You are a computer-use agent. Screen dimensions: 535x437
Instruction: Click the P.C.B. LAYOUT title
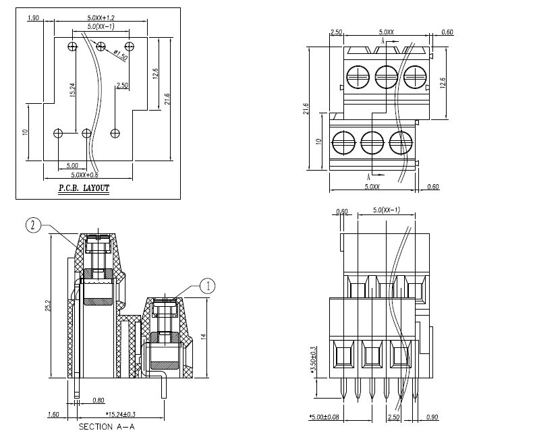(84, 188)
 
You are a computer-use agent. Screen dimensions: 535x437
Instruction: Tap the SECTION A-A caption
(107, 427)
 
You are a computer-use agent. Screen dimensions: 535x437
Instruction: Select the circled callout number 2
(33, 225)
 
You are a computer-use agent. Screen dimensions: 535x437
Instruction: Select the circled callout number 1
(207, 286)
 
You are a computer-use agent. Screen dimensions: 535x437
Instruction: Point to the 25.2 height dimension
(48, 305)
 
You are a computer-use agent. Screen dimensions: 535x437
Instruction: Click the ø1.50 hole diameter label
(121, 55)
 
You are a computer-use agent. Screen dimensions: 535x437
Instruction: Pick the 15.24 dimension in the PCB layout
(72, 90)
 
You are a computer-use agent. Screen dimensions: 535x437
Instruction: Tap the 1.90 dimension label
(34, 18)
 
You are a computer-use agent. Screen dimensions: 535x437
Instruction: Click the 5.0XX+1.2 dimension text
(101, 18)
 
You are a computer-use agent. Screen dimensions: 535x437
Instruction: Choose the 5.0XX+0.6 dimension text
(84, 175)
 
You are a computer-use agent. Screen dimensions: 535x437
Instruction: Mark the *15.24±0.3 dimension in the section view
(121, 415)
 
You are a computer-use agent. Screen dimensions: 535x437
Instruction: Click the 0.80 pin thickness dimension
(98, 400)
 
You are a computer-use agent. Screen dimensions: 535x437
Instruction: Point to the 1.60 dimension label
(53, 415)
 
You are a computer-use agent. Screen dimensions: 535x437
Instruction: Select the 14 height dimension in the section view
(204, 337)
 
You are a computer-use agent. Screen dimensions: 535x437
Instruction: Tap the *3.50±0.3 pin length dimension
(314, 360)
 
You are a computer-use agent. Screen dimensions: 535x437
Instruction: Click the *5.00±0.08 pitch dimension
(324, 417)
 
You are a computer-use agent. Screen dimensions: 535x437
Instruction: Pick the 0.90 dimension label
(432, 417)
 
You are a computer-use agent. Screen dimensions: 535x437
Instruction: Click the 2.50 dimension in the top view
(336, 32)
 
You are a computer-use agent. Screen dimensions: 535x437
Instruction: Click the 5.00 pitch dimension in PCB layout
(72, 166)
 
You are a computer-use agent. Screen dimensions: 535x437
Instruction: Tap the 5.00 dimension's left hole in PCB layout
(58, 133)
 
